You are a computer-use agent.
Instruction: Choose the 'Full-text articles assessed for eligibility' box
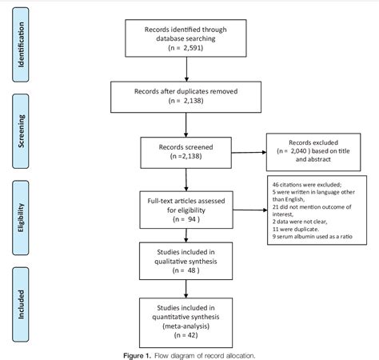coord(186,205)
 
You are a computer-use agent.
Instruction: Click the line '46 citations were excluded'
coord(297,185)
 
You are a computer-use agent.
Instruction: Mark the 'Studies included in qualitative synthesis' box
coord(186,259)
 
